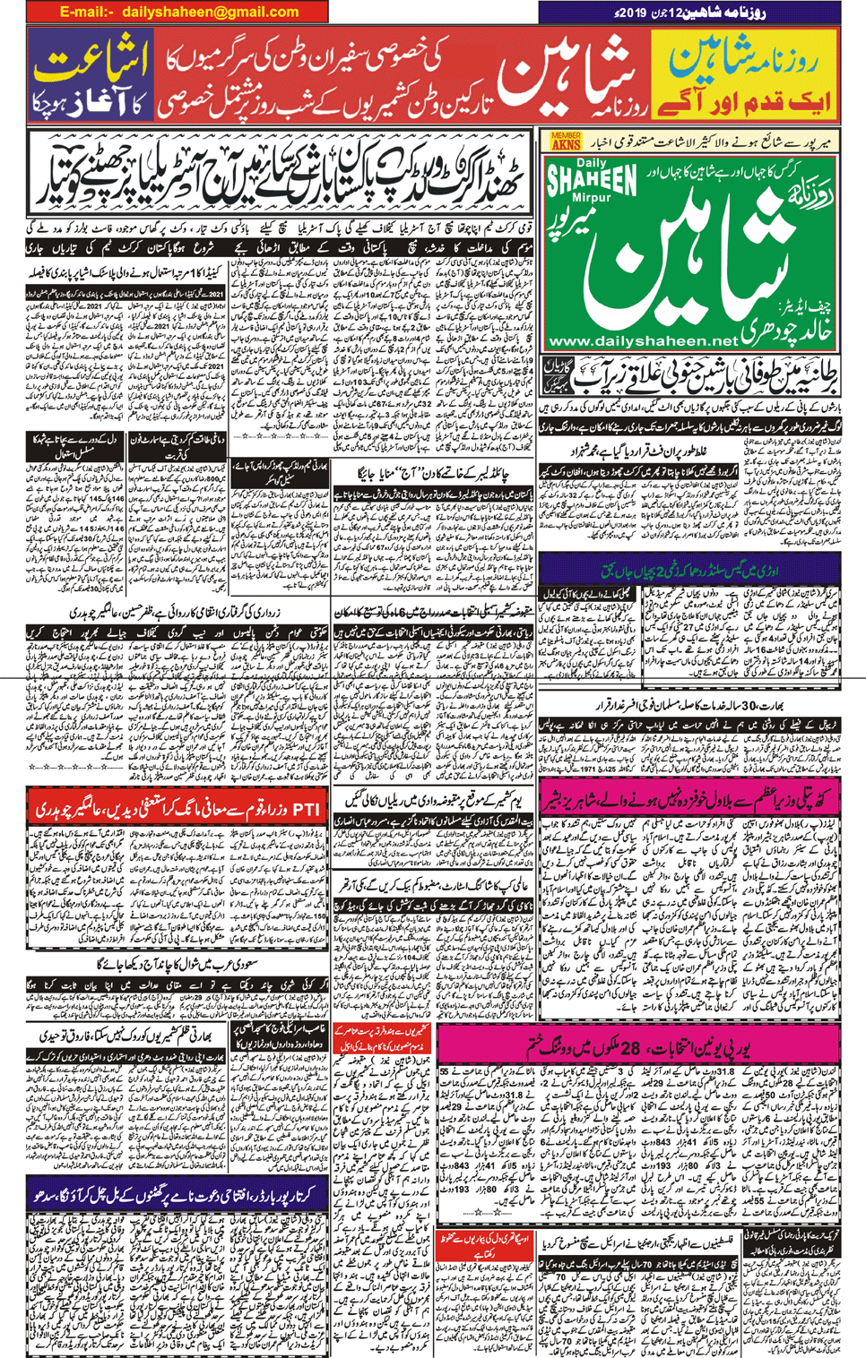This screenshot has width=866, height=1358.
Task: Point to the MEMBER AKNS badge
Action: pos(566,141)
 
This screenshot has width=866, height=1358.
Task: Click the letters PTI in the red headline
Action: pos(306,808)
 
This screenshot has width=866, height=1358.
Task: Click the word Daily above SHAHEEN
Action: pos(591,162)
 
